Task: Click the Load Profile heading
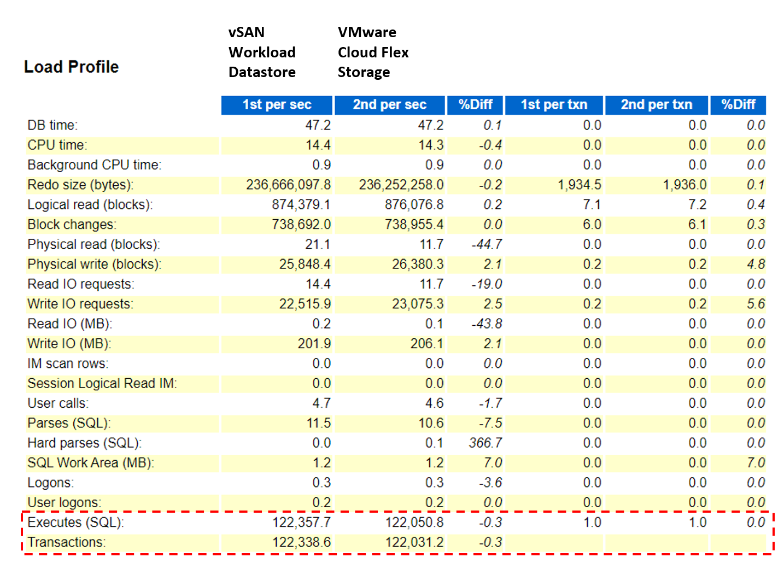(x=71, y=67)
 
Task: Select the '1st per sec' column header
(x=277, y=104)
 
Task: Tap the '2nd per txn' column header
(x=656, y=104)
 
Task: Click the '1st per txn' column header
(x=554, y=104)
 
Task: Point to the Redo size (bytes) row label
(x=80, y=185)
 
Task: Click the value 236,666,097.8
(x=288, y=185)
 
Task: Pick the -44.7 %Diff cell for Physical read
(x=487, y=244)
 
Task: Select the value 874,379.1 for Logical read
(x=301, y=204)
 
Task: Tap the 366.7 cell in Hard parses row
(x=485, y=443)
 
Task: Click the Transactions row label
(x=66, y=542)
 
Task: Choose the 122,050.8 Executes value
(x=414, y=523)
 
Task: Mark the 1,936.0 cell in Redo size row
(x=684, y=185)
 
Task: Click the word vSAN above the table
(x=247, y=32)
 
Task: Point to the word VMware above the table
(x=367, y=32)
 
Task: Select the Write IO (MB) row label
(x=69, y=344)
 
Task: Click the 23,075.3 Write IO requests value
(x=417, y=304)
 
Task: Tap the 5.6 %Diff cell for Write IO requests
(x=756, y=304)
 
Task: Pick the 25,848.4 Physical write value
(x=305, y=264)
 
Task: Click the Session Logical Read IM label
(x=102, y=383)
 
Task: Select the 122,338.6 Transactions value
(x=301, y=542)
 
